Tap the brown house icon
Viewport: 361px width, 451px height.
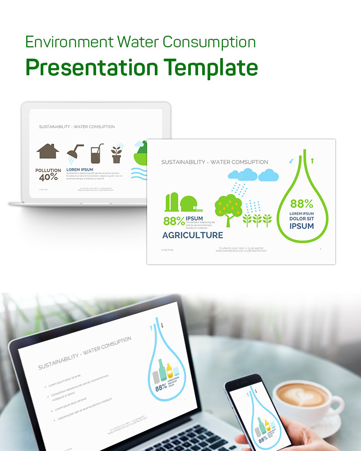click(48, 152)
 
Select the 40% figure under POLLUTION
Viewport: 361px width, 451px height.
click(48, 177)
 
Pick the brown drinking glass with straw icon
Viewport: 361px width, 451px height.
click(97, 154)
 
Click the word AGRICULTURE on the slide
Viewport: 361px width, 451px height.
click(193, 235)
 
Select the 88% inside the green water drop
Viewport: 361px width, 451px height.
click(301, 204)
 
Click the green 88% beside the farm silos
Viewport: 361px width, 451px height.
click(174, 221)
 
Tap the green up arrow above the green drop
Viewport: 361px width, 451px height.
click(312, 160)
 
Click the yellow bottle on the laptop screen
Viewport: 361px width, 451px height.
click(170, 371)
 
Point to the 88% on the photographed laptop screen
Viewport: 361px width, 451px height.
click(161, 387)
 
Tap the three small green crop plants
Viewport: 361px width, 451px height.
click(257, 220)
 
